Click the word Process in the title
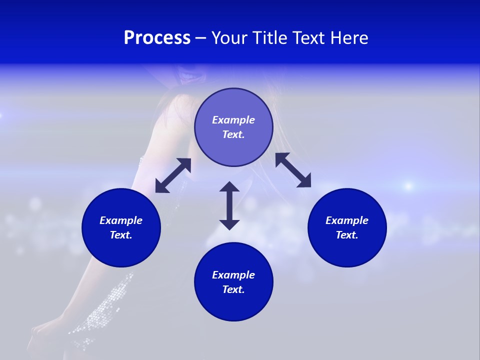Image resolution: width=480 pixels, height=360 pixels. tap(157, 38)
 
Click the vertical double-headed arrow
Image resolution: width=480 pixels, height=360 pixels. tap(229, 205)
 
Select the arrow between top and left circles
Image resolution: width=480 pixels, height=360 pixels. tap(173, 175)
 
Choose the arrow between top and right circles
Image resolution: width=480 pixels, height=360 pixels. tap(293, 170)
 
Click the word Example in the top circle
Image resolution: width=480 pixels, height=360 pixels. tap(233, 120)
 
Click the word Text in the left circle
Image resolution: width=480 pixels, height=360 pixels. tap(121, 235)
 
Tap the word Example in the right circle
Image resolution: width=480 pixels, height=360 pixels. tap(347, 220)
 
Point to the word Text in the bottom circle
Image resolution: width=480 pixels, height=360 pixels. tap(233, 289)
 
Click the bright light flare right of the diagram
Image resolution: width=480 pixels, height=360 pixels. tap(408, 186)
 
